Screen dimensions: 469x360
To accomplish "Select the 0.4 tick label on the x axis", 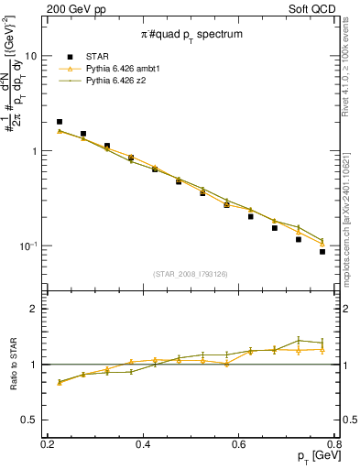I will (143, 443).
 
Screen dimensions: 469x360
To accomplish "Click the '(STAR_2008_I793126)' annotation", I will (191, 272).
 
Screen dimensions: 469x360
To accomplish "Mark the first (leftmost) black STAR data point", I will (60, 122).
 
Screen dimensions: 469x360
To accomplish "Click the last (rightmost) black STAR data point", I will (322, 251).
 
